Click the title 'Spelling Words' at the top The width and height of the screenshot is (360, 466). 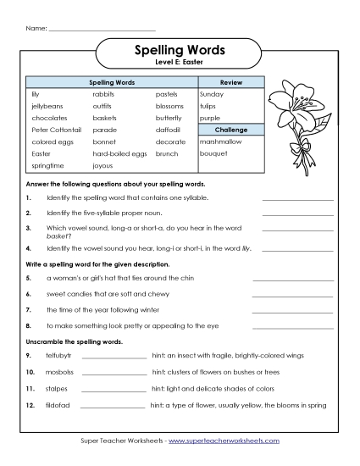tap(180, 51)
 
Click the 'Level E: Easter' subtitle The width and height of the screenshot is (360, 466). tap(180, 64)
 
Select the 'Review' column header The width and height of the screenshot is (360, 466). tap(231, 83)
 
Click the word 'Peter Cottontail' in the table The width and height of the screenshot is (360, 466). tap(53, 130)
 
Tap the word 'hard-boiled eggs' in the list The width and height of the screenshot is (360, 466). tap(119, 154)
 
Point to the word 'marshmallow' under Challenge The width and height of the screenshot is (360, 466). tap(219, 142)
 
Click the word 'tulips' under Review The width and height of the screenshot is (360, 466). tap(208, 107)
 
